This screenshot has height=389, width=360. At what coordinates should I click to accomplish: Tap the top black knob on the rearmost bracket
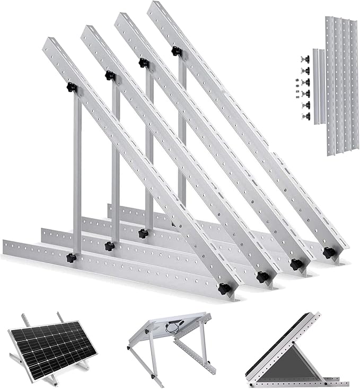(x=176, y=51)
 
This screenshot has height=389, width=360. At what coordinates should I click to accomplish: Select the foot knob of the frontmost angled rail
(x=225, y=289)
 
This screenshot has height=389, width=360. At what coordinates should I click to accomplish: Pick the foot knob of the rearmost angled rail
(x=329, y=253)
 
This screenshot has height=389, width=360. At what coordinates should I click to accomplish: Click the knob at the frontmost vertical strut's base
(x=71, y=258)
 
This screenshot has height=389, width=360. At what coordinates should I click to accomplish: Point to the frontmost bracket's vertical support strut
(x=77, y=175)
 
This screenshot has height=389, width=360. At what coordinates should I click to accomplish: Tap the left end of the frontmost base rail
(x=6, y=247)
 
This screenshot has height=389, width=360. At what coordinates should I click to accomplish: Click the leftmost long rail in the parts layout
(x=330, y=85)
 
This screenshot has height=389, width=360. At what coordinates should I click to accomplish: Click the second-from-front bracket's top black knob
(x=110, y=75)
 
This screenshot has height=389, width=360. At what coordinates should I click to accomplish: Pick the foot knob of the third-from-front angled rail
(x=296, y=264)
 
